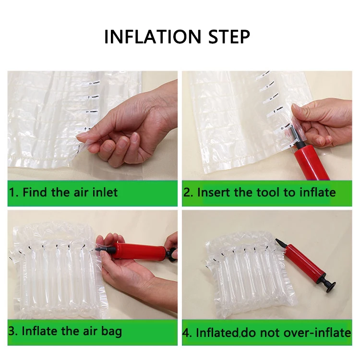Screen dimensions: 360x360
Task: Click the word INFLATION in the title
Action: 153,36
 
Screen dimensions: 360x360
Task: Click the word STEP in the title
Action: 229,36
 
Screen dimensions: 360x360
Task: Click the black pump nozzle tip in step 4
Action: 277,240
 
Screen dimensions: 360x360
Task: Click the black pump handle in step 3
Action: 172,253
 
